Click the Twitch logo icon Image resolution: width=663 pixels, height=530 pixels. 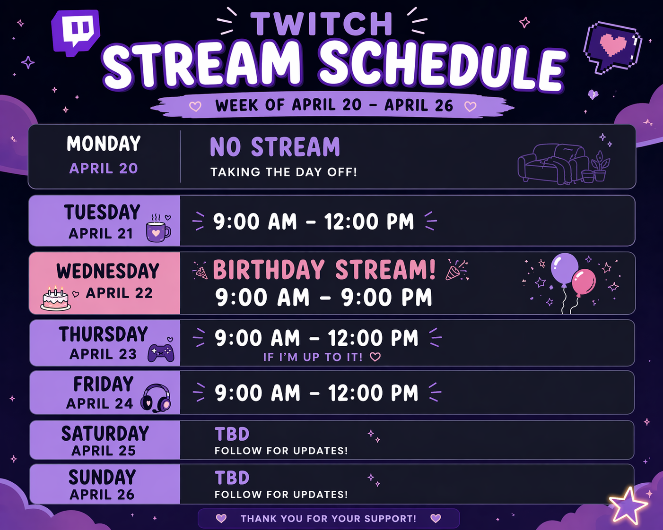pyautogui.click(x=76, y=32)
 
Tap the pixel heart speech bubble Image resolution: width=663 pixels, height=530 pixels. pyautogui.click(x=613, y=46)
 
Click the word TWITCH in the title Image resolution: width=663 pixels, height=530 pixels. pyautogui.click(x=322, y=24)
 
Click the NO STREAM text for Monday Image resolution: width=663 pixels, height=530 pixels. pyautogui.click(x=275, y=147)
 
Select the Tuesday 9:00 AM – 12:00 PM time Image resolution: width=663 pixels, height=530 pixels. pyautogui.click(x=314, y=222)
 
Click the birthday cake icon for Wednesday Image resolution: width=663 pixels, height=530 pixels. pyautogui.click(x=56, y=299)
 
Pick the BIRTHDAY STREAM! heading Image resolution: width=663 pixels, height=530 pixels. pyautogui.click(x=324, y=270)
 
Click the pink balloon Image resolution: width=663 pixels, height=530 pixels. pyautogui.click(x=584, y=282)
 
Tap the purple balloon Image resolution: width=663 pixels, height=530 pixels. pyautogui.click(x=564, y=269)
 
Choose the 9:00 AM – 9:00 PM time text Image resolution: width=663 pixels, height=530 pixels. pyautogui.click(x=323, y=298)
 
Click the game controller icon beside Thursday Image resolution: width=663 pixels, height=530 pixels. pyautogui.click(x=161, y=352)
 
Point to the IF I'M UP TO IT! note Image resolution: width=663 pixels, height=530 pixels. pyautogui.click(x=313, y=357)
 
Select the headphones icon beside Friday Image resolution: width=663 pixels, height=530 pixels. pyautogui.click(x=157, y=398)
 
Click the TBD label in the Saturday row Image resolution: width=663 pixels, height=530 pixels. pyautogui.click(x=232, y=434)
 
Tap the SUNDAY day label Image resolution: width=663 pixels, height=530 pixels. pyautogui.click(x=102, y=477)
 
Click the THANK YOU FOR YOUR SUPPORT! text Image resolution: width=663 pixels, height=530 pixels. pyautogui.click(x=328, y=519)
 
